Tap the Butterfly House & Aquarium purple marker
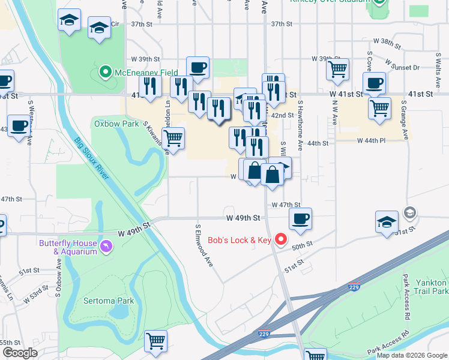pyautogui.click(x=106, y=247)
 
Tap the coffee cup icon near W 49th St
pyautogui.click(x=300, y=218)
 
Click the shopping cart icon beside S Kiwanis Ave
pyautogui.click(x=173, y=138)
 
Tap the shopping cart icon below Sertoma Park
pyautogui.click(x=156, y=341)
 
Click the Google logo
pyautogui.click(x=20, y=353)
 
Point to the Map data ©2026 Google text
pyautogui.click(x=412, y=355)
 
